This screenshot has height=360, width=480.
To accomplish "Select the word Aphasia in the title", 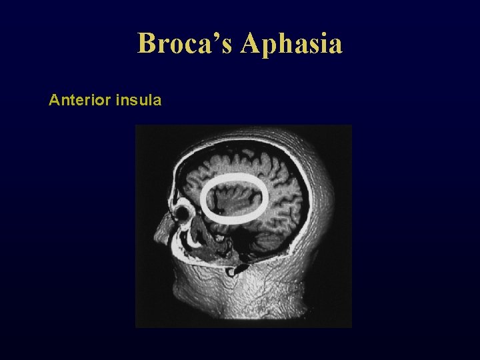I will (x=292, y=45).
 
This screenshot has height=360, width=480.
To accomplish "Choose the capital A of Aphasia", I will (x=253, y=44).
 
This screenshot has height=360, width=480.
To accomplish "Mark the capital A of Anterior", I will (x=54, y=101).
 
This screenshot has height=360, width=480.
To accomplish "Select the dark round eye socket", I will (x=182, y=215).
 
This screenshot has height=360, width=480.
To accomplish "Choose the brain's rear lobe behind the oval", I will (x=287, y=200).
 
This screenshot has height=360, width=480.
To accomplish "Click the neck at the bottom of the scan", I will (x=267, y=300).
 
